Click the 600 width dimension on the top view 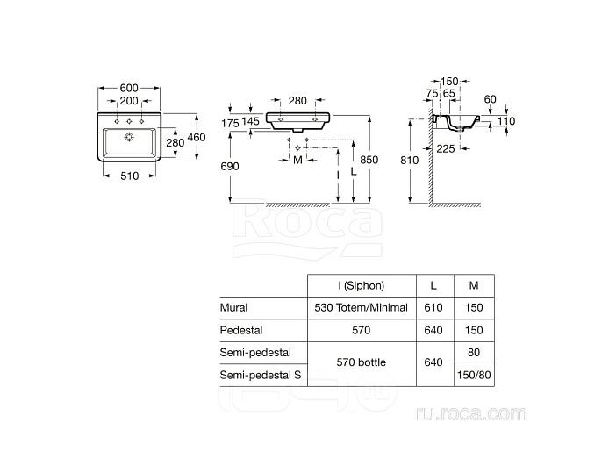coord(130,88)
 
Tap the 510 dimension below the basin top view coord(130,176)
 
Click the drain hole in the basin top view coord(130,137)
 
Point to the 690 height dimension coord(230,166)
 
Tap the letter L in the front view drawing coord(353,174)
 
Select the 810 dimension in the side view coord(410,161)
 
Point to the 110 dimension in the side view coord(505,121)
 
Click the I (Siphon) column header coord(362,286)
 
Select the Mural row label coord(233,308)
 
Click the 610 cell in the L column coord(433,308)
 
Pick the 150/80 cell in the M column coord(474,375)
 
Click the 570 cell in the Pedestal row coord(362,331)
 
